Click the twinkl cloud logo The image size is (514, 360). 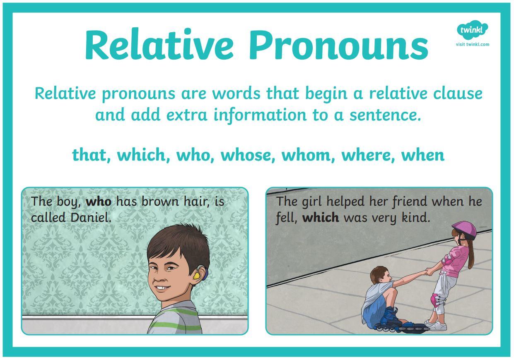click(x=472, y=29)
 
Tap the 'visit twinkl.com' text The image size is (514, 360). click(x=473, y=44)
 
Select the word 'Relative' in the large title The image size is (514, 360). click(x=159, y=43)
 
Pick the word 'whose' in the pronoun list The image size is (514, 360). click(x=248, y=155)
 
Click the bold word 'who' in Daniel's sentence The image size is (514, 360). click(x=99, y=202)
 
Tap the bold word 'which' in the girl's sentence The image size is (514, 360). click(x=321, y=217)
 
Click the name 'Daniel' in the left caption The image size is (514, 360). click(x=91, y=217)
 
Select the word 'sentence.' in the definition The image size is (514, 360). click(x=386, y=115)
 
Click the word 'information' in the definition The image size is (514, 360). click(x=260, y=115)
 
